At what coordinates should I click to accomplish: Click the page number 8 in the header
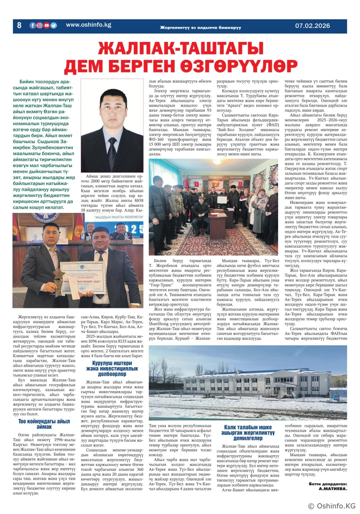coord(19,25)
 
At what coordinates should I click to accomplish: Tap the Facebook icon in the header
coord(33,25)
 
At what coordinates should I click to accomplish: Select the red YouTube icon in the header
coord(46,25)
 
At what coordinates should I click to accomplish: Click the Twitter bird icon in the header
coord(53,25)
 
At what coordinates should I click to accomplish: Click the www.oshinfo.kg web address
coord(88,25)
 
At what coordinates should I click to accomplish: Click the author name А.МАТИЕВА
coord(330,488)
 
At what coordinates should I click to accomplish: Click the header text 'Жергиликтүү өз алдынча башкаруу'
coord(200,27)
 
